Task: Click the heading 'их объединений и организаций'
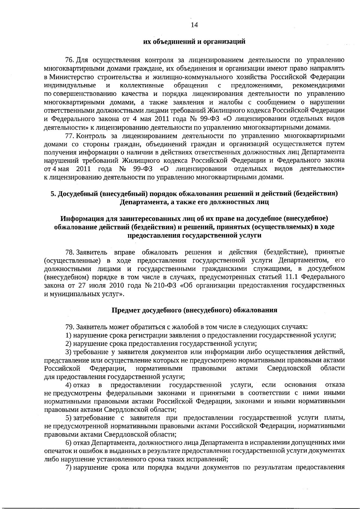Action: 194,41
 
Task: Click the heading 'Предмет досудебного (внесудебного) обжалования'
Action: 194,310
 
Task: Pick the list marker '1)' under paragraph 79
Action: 69,335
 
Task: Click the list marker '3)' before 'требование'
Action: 69,351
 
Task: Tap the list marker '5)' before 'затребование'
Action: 69,418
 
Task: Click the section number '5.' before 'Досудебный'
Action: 53,194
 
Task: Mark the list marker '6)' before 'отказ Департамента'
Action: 69,443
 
